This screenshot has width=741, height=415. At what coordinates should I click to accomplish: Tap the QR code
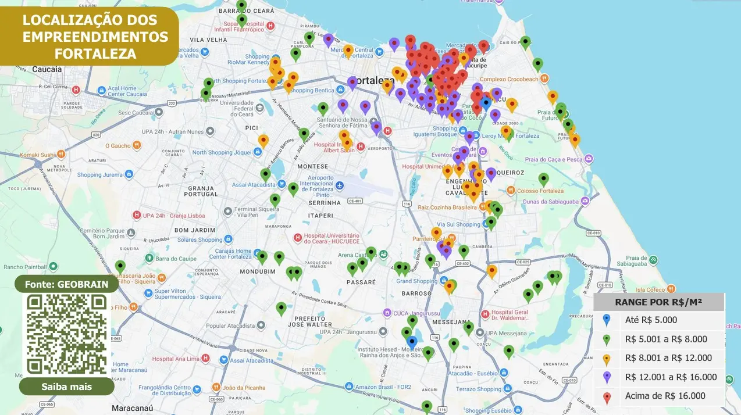pyautogui.click(x=67, y=333)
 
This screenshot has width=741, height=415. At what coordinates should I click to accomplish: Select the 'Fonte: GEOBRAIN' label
pyautogui.click(x=67, y=285)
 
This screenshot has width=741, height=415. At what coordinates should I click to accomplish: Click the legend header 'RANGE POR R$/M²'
pyautogui.click(x=658, y=302)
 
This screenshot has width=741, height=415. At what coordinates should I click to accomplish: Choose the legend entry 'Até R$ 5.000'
pyautogui.click(x=651, y=320)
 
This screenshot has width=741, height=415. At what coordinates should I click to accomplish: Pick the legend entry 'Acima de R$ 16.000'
pyautogui.click(x=665, y=396)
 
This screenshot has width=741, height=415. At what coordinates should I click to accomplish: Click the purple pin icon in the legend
pyautogui.click(x=607, y=377)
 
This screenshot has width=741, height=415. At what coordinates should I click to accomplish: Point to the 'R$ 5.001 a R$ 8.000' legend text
pyautogui.click(x=666, y=339)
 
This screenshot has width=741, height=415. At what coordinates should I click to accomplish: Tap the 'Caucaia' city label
pyautogui.click(x=47, y=69)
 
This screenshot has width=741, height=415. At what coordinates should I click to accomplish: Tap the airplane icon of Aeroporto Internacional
pyautogui.click(x=340, y=185)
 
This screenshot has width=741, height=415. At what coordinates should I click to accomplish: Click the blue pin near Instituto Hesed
pyautogui.click(x=412, y=342)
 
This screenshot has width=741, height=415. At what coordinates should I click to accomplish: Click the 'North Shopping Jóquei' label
pyautogui.click(x=222, y=152)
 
